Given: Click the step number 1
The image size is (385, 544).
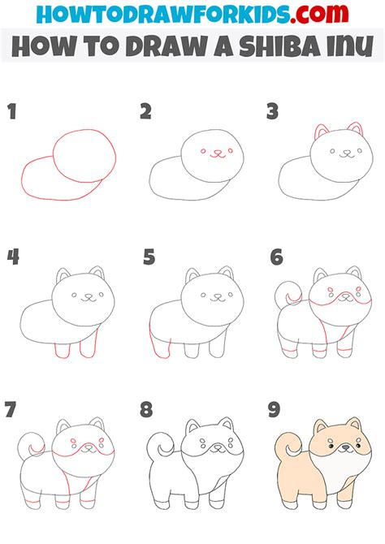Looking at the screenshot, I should [x=12, y=112].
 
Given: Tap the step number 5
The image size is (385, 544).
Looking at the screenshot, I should [x=149, y=258].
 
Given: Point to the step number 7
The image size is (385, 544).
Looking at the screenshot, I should [x=11, y=410].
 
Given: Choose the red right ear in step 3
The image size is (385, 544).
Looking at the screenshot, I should [x=355, y=132].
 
